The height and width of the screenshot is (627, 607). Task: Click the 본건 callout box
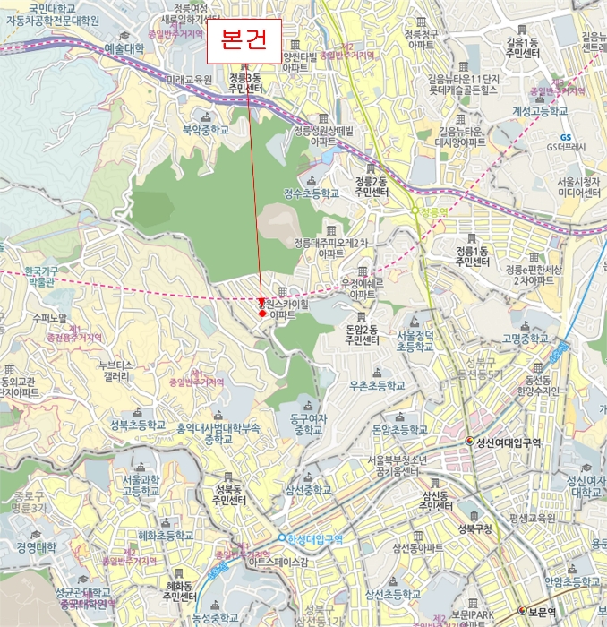point(244,42)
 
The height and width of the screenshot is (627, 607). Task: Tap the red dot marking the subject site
point(261,313)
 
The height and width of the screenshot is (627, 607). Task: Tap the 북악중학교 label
point(207,129)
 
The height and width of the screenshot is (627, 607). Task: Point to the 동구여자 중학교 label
point(305,424)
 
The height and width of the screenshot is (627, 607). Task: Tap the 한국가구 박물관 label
point(39,275)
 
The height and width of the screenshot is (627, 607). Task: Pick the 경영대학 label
point(36,547)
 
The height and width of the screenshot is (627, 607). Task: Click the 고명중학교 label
point(526,339)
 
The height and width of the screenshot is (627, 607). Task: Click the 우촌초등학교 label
point(377,386)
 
